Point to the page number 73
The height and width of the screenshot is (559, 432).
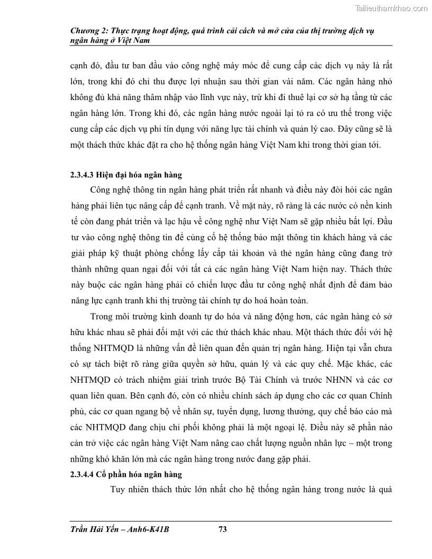click(x=222, y=529)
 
